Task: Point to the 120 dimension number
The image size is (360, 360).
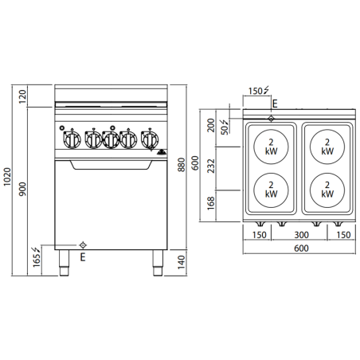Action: (24, 96)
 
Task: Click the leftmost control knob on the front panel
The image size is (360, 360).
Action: (71, 140)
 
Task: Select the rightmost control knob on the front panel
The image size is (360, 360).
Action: (148, 140)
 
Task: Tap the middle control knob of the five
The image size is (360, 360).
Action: (110, 140)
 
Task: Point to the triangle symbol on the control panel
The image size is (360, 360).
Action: (162, 149)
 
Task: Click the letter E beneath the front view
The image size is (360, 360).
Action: (83, 257)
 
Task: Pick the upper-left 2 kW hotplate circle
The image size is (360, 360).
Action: (271, 146)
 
